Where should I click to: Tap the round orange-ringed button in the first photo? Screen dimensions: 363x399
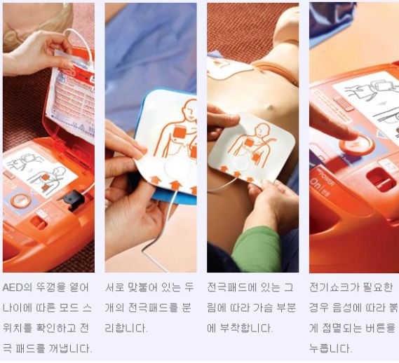(20, 200)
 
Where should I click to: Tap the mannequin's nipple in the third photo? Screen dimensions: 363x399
(269, 107)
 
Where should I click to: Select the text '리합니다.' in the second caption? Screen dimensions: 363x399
(126, 327)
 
